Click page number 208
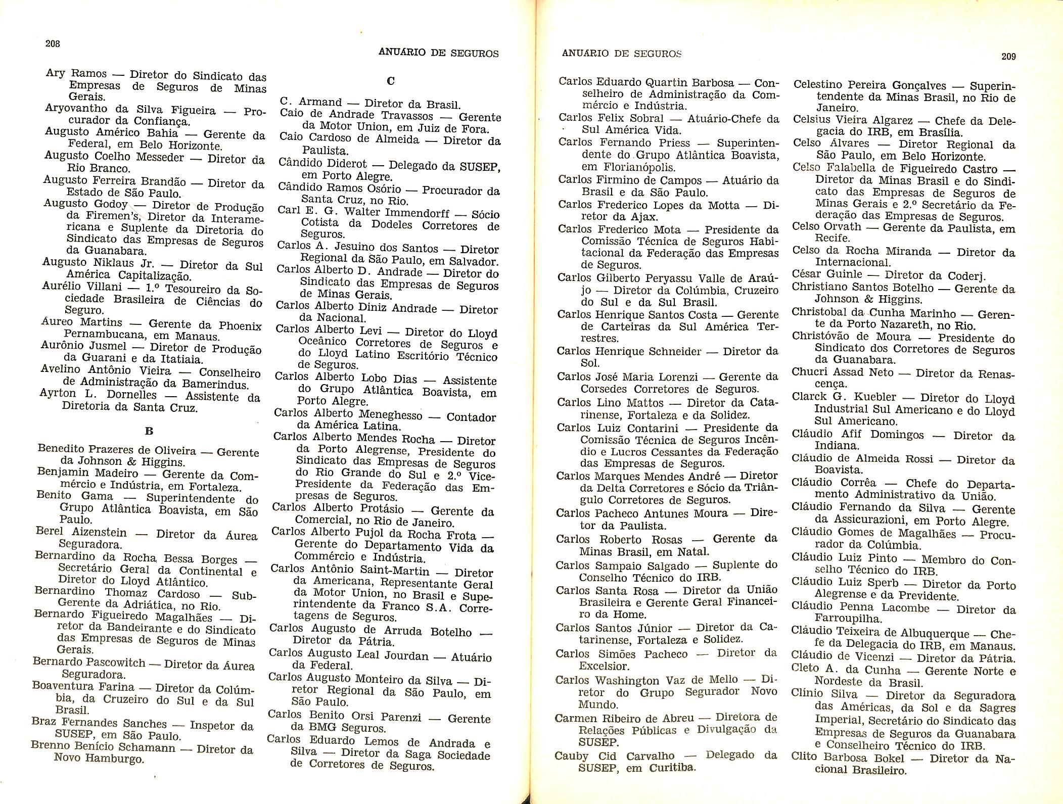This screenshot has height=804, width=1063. tap(53, 43)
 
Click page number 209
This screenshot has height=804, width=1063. tap(1008, 57)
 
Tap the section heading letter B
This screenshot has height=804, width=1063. tap(149, 431)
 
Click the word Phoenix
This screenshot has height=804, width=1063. tap(240, 326)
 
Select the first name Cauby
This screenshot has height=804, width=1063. tap(571, 756)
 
